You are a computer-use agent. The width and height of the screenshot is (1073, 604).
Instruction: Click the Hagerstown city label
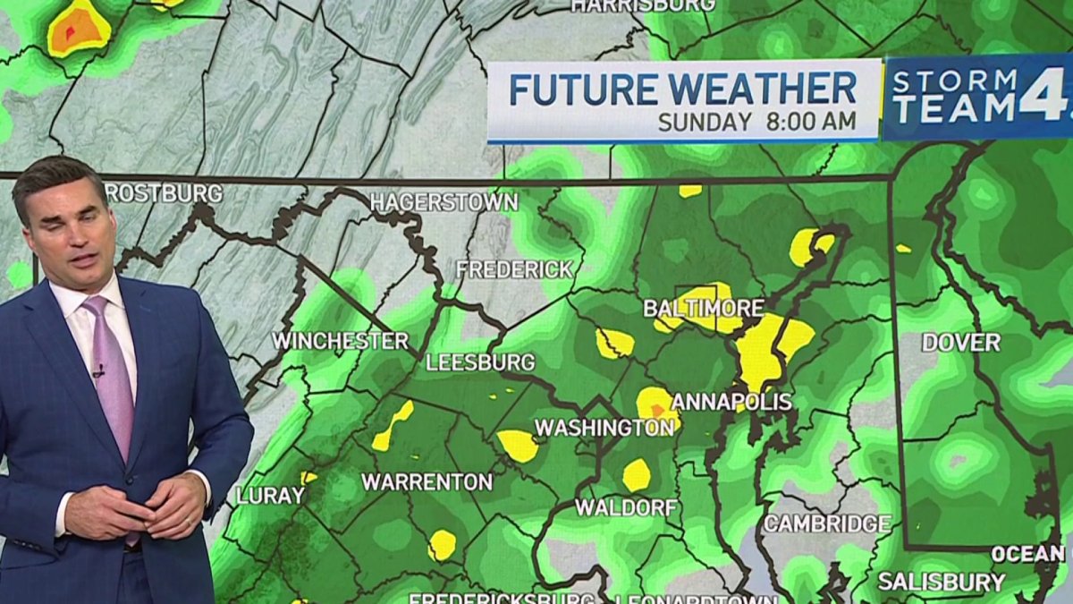click(x=444, y=202)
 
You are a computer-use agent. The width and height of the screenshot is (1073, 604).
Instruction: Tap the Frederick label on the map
click(x=513, y=269)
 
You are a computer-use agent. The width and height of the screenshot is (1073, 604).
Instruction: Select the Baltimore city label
click(x=704, y=309)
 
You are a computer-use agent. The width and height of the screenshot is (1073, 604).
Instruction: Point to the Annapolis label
click(x=731, y=402)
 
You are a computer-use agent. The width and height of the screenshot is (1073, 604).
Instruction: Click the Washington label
click(x=604, y=429)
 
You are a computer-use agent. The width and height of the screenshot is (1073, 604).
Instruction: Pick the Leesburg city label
click(x=480, y=362)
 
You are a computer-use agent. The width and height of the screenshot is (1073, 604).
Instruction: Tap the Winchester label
click(x=340, y=341)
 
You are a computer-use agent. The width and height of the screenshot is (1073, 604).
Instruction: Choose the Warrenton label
click(x=427, y=482)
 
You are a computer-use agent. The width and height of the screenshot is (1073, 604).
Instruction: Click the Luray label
click(x=270, y=496)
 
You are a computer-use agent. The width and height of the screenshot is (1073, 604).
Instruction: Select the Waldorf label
click(x=625, y=507)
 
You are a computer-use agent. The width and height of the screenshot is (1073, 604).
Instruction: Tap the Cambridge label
click(x=826, y=524)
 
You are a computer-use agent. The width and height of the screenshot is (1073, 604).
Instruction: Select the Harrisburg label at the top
click(x=643, y=5)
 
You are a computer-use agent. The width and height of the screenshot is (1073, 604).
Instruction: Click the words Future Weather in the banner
click(x=682, y=89)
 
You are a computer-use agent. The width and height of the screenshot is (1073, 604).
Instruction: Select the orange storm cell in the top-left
click(x=79, y=30)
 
